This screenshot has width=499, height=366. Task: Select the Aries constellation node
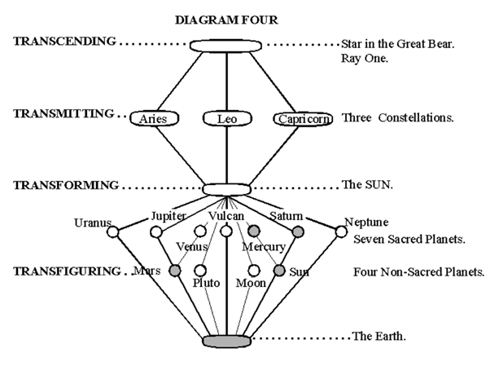154,119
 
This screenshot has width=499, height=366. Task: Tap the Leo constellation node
225,119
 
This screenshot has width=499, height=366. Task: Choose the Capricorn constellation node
303,119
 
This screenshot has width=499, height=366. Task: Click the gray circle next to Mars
174,270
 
